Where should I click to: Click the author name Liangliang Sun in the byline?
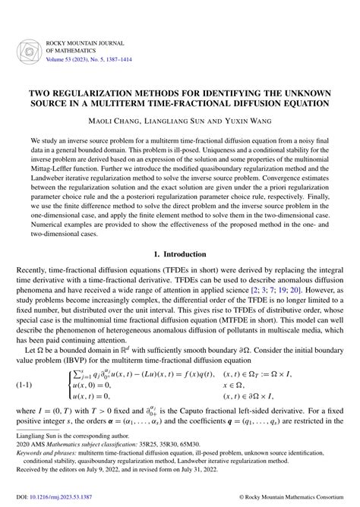click(182, 120)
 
